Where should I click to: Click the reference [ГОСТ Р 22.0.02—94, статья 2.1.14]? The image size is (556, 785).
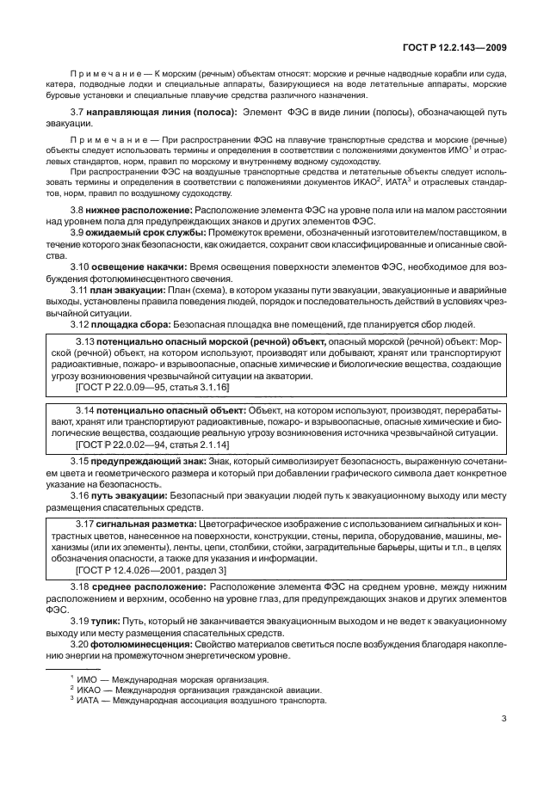(x=152, y=445)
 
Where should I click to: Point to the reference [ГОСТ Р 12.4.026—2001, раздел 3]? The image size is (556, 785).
(x=151, y=570)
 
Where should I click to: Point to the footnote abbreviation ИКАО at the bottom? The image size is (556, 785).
(x=91, y=690)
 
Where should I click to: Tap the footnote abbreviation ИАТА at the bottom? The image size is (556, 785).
(x=90, y=701)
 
